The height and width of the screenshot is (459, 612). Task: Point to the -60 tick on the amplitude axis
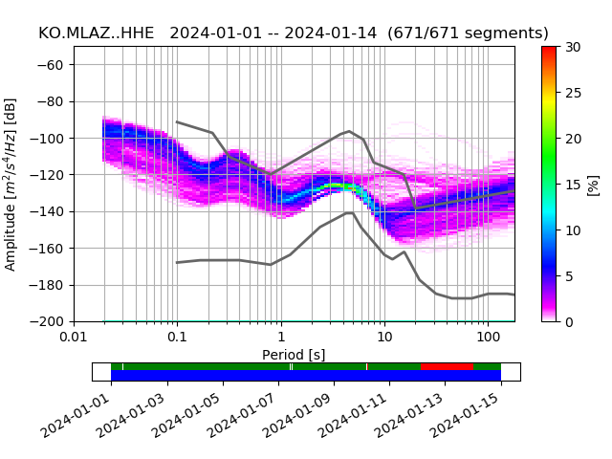pos(55,65)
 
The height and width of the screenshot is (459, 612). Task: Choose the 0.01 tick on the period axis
pos(74,338)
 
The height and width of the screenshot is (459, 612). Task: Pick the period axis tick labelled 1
pos(280,338)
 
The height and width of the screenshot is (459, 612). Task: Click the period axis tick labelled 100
pos(488,338)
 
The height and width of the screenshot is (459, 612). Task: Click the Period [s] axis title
pos(294,354)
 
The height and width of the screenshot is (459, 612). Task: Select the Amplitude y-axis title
pos(11,184)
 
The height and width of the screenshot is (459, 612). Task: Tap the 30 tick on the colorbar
pos(572,47)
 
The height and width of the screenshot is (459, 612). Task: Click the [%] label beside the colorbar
pos(593,184)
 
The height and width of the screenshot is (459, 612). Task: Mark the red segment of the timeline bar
pos(447,366)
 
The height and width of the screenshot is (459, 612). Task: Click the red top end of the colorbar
pos(549,50)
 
